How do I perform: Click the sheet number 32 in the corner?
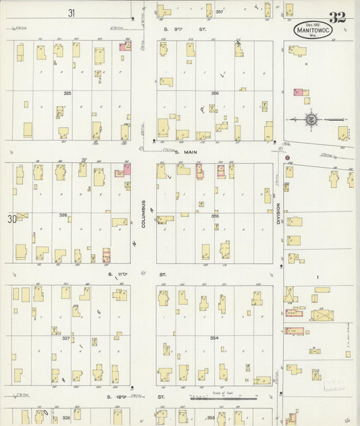point(338,18)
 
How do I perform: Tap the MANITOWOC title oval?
point(313,30)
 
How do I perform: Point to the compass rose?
point(311,120)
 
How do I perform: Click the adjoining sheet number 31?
point(72,12)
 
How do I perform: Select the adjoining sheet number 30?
point(11,218)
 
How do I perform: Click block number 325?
point(67,93)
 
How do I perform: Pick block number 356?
point(215,93)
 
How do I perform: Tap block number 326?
point(63,215)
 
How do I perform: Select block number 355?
point(215,216)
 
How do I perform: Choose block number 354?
point(214,337)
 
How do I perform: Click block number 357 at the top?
point(219,13)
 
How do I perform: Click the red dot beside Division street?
point(287,158)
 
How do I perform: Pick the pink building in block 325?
point(125,47)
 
